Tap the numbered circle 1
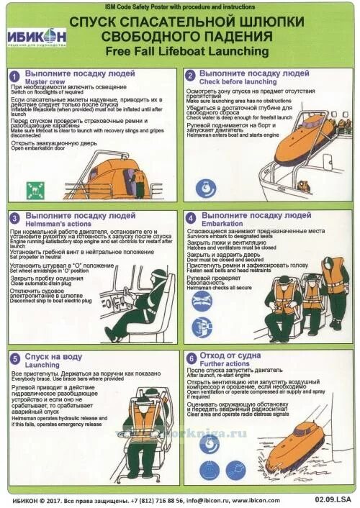click(14, 75)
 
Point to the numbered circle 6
click(191, 358)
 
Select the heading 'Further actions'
click(225, 364)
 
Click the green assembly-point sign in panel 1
click(32, 189)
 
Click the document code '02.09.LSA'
click(332, 499)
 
